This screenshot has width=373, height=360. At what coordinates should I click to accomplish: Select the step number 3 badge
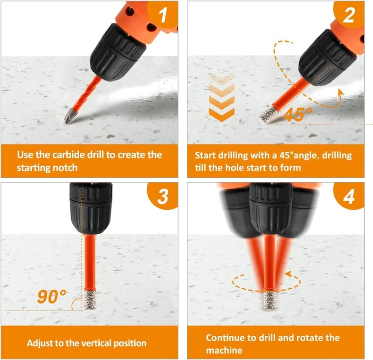click(x=163, y=196)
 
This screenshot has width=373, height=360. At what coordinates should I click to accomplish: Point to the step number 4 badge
click(x=349, y=196)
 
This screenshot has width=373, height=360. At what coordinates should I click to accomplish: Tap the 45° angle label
click(x=298, y=115)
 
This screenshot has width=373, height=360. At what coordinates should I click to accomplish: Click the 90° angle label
click(x=51, y=297)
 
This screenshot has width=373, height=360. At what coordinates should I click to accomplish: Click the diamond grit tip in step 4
click(x=269, y=300)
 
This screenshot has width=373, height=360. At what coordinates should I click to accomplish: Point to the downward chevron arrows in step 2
click(x=221, y=98)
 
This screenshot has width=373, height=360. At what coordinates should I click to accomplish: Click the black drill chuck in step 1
click(x=118, y=52)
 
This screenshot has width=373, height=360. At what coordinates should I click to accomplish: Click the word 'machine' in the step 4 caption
click(x=224, y=351)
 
